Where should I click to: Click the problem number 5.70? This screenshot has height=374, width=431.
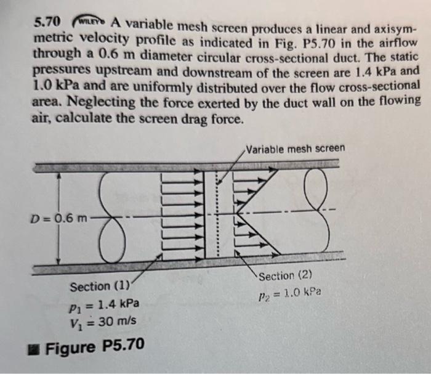point(46,23)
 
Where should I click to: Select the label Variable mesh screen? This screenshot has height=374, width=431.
point(295,148)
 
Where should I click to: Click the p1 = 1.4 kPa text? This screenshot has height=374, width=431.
point(102,304)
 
